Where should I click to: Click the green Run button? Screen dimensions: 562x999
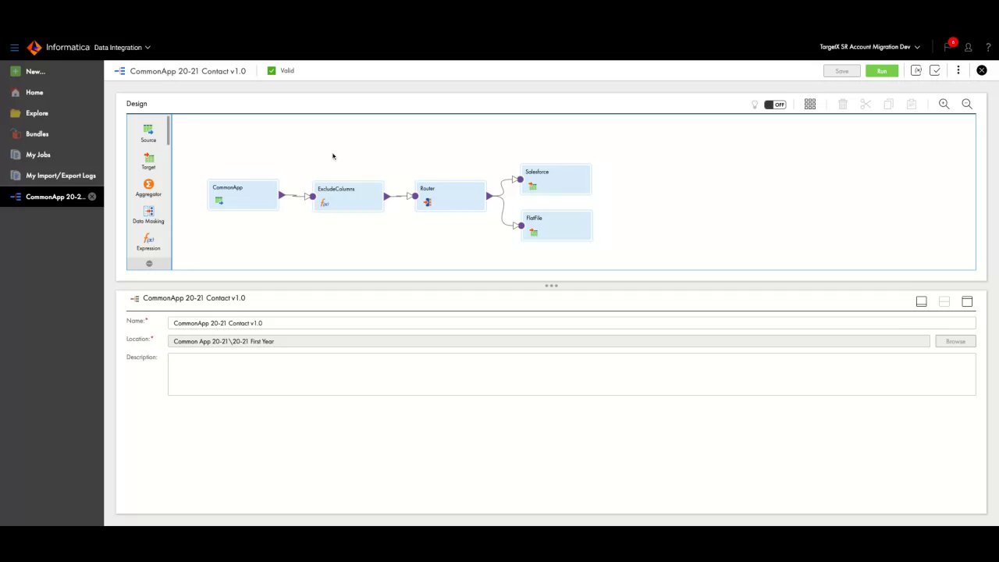pyautogui.click(x=881, y=71)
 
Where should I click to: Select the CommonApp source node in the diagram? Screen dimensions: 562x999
pyautogui.click(x=243, y=194)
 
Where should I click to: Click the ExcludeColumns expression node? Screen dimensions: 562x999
pyautogui.click(x=348, y=196)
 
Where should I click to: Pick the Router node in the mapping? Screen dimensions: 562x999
pyautogui.click(x=450, y=195)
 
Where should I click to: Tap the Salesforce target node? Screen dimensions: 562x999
pyautogui.click(x=556, y=179)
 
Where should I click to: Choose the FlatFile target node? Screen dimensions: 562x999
pyautogui.click(x=556, y=225)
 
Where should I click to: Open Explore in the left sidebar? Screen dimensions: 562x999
pyautogui.click(x=37, y=113)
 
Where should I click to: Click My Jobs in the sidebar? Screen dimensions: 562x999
pyautogui.click(x=37, y=155)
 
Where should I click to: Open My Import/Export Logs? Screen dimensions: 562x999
pyautogui.click(x=60, y=176)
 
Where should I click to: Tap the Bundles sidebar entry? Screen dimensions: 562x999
pyautogui.click(x=37, y=134)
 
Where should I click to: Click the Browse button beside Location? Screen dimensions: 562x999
pyautogui.click(x=955, y=341)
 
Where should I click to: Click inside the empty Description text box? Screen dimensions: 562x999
pyautogui.click(x=571, y=374)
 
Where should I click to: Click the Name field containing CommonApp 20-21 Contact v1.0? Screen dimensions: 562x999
pyautogui.click(x=571, y=323)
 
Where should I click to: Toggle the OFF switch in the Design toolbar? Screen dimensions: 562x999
pyautogui.click(x=775, y=105)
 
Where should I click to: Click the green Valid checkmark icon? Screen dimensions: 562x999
pyautogui.click(x=272, y=71)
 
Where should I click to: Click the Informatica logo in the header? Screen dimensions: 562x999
pyautogui.click(x=34, y=48)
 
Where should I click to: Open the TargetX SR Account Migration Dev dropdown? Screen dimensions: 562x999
pyautogui.click(x=869, y=47)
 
